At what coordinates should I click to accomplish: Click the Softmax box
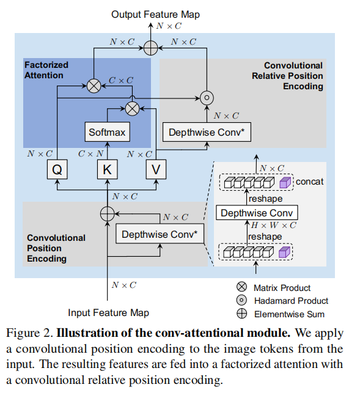pos(107,132)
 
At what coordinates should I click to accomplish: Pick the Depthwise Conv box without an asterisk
pos(257,213)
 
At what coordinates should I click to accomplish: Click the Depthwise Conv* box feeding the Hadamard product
pos(207,132)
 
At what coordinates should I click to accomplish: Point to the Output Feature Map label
pos(155,13)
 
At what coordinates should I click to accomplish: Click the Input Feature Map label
pos(108,312)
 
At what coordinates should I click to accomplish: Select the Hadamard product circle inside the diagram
pos(207,97)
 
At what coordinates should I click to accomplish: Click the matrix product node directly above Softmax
pos(131,108)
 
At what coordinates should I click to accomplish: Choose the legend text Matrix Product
pos(282,288)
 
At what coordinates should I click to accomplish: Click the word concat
pos(310,182)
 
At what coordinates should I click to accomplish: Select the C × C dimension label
pos(121,79)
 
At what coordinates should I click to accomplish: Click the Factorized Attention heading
pos(46,70)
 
